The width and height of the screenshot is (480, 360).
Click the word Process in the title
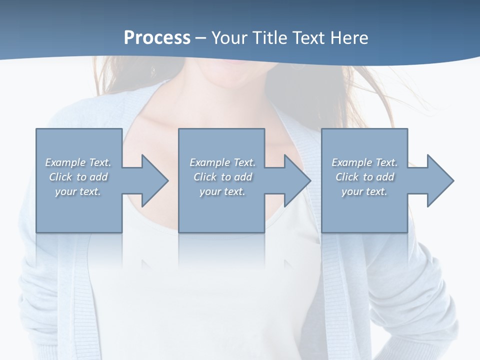tap(157, 38)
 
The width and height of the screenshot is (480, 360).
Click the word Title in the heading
tap(268, 38)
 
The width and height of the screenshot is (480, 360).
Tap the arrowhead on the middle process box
tap(296, 180)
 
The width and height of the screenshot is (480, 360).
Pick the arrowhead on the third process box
tap(439, 180)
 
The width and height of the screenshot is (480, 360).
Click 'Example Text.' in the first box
tap(78, 162)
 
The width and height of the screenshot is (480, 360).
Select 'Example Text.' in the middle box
tap(222, 162)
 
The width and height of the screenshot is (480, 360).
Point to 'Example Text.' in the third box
tap(364, 162)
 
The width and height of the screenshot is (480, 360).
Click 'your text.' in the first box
tap(78, 191)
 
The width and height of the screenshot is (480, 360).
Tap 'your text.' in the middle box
tap(222, 191)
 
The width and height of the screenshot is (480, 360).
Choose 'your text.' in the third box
tap(364, 191)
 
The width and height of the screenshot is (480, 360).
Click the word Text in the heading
tap(306, 38)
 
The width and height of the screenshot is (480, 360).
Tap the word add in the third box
tap(385, 177)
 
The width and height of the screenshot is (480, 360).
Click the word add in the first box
tap(98, 177)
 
